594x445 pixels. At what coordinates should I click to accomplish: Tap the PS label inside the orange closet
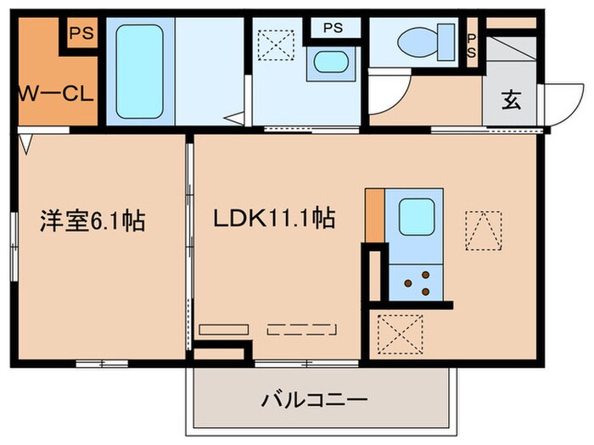click(x=81, y=34)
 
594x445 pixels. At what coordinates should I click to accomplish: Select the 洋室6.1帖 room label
click(x=92, y=222)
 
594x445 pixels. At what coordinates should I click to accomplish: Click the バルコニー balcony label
click(x=314, y=398)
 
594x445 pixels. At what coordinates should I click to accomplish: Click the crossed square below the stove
click(x=399, y=333)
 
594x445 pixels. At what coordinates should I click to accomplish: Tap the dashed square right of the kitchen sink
click(x=483, y=230)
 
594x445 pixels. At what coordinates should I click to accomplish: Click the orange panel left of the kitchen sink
click(x=374, y=216)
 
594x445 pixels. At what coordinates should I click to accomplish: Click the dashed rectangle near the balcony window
click(x=301, y=330)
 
